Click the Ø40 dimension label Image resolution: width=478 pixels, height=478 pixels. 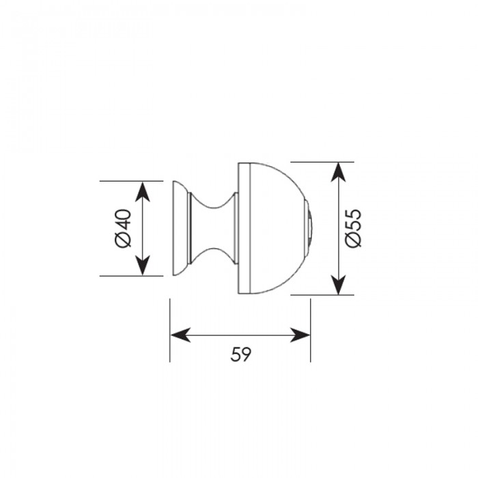point(124,228)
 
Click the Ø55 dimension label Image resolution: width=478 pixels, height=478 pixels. point(353,228)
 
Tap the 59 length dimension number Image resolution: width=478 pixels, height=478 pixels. point(241,354)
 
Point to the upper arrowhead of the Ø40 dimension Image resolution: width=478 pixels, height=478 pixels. point(142,191)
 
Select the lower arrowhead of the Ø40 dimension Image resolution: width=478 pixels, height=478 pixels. point(142,265)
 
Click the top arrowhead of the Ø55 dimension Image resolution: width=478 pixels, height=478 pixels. point(339,173)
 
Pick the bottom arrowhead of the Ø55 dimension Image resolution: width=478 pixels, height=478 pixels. point(339,285)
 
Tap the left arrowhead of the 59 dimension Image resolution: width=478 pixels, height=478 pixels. point(181,335)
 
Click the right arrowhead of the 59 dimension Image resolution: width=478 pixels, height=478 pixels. point(300,335)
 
